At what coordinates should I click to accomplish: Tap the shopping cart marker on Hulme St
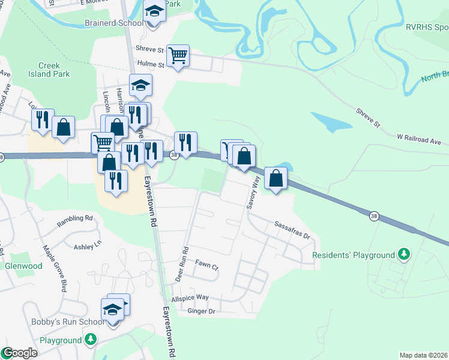pyautogui.click(x=178, y=56)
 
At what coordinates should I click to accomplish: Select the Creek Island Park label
pyautogui.click(x=54, y=70)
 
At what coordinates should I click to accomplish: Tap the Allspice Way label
pyautogui.click(x=190, y=298)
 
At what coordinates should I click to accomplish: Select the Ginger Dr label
pyautogui.click(x=200, y=311)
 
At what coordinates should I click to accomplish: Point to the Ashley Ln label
pyautogui.click(x=88, y=247)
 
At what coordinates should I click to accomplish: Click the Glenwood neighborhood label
pyautogui.click(x=23, y=266)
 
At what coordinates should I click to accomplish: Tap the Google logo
pyautogui.click(x=19, y=353)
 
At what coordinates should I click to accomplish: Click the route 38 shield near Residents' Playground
pyautogui.click(x=374, y=217)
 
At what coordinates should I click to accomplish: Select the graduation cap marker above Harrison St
pyautogui.click(x=141, y=86)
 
